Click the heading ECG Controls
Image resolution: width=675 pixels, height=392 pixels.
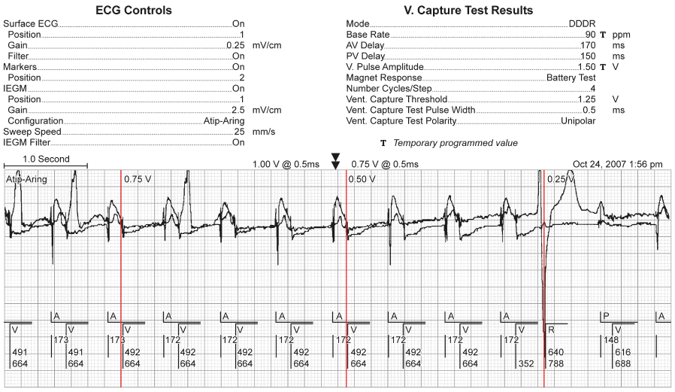tap(134, 11)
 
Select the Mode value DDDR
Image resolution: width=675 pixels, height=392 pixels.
tap(583, 24)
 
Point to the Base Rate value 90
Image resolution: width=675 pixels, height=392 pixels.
tap(590, 35)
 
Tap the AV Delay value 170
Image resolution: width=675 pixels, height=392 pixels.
tap(588, 45)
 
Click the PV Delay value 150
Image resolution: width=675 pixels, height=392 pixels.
tap(588, 56)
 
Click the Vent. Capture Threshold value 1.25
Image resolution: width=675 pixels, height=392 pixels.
tap(586, 99)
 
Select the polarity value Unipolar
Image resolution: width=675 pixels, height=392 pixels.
tap(578, 120)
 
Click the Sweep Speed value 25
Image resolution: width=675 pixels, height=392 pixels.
tap(238, 131)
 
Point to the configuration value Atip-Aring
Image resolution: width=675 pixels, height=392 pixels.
tap(223, 120)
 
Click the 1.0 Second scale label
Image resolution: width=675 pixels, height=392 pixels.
tap(46, 159)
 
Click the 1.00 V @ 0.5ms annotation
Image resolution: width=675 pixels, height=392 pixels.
tap(286, 163)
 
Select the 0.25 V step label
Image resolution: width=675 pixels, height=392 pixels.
tap(561, 179)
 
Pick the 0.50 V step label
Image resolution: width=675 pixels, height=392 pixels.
tap(363, 179)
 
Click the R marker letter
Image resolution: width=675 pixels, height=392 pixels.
tap(551, 329)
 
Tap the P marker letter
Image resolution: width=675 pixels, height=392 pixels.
tap(606, 315)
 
